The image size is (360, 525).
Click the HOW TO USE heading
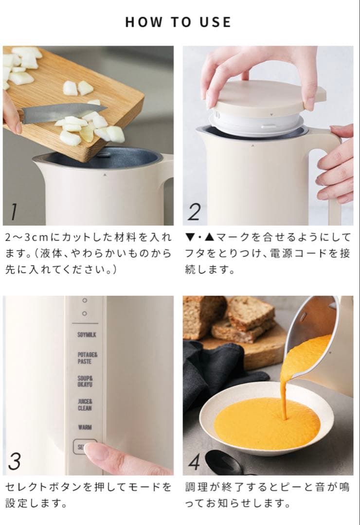tap(178, 22)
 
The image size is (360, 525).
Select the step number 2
tap(194, 212)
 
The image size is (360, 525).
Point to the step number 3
tap(15, 461)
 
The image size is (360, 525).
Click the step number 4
tap(194, 462)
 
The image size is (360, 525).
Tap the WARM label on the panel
tap(85, 427)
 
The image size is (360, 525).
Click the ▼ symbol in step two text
tap(190, 238)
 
